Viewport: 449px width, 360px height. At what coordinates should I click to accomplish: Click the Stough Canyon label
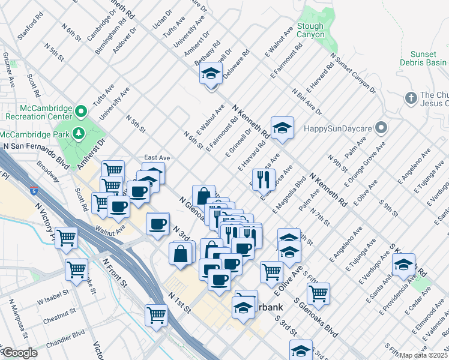pos(311,31)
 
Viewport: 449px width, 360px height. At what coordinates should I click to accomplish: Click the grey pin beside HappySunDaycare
pos(381,128)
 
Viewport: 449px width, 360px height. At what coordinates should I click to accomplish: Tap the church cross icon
pos(411,97)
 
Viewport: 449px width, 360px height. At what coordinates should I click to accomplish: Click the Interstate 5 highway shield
pos(33,191)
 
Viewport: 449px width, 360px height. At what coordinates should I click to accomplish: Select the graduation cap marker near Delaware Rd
pos(211,74)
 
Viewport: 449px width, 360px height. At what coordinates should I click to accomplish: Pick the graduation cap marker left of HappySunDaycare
pos(282,128)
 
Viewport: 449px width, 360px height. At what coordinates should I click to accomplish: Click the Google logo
pos(20,353)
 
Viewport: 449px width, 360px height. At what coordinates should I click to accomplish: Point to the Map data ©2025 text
pos(423,355)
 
